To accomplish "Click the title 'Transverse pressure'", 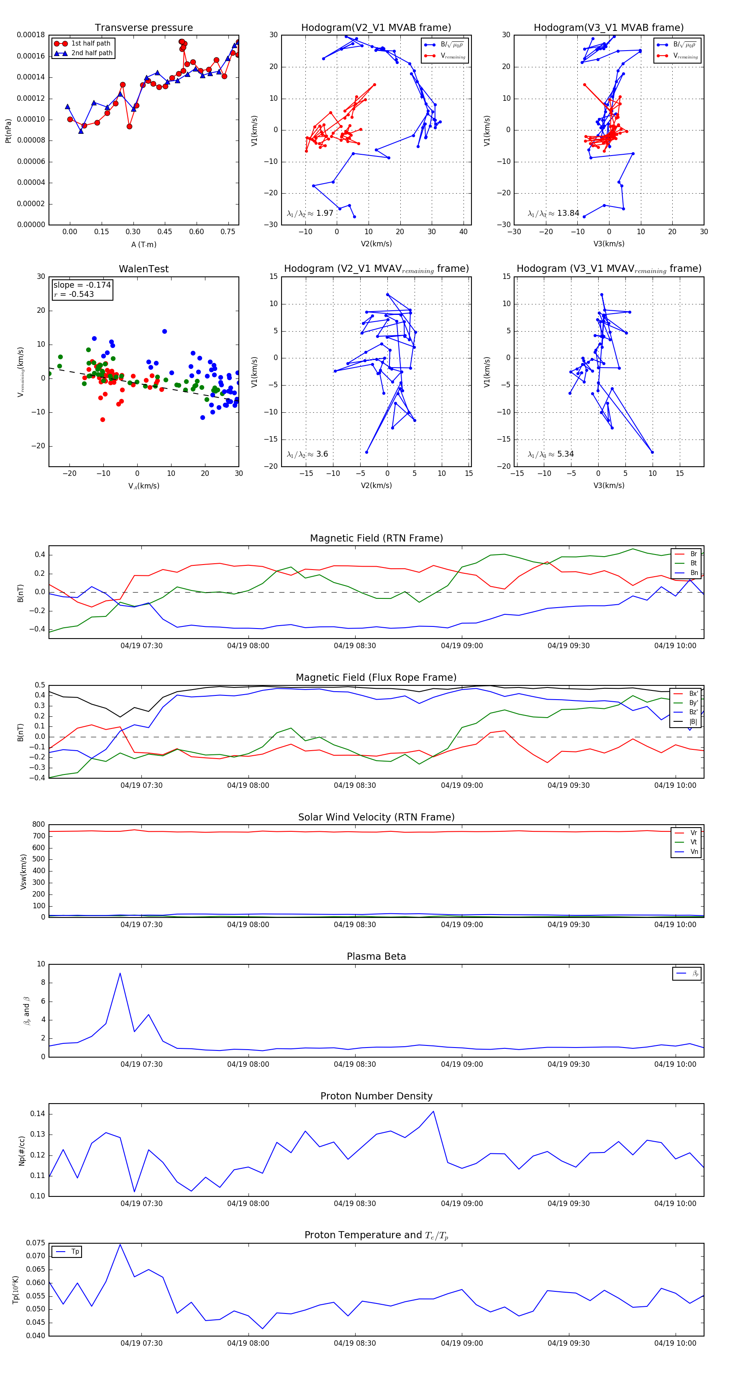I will (x=143, y=28).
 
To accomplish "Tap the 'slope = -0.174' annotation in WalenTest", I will (x=82, y=285).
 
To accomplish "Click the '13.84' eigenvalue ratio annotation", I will (x=568, y=213).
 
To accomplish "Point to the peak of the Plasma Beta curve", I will (x=120, y=974).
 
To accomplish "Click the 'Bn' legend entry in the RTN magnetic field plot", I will (x=694, y=572).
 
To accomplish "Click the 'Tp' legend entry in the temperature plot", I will (x=74, y=1252).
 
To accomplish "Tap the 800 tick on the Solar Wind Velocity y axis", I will (x=38, y=825).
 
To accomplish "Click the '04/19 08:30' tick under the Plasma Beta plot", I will (x=355, y=1064).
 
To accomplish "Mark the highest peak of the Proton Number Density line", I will (x=433, y=1111).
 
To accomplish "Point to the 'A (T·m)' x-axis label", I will (x=143, y=245).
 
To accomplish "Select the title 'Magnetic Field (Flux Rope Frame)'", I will (x=376, y=678).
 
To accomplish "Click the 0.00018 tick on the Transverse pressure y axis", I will (x=31, y=36).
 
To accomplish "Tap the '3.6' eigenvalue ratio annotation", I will (x=322, y=454).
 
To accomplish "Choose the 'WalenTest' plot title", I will (x=143, y=269).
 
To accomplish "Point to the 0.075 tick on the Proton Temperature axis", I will (x=36, y=1243).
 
